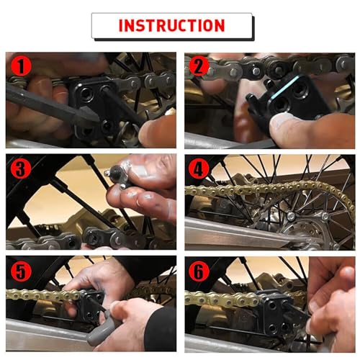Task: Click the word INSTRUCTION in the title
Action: coord(171,26)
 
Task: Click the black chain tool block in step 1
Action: coord(101,108)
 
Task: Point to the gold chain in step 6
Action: coord(216,297)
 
